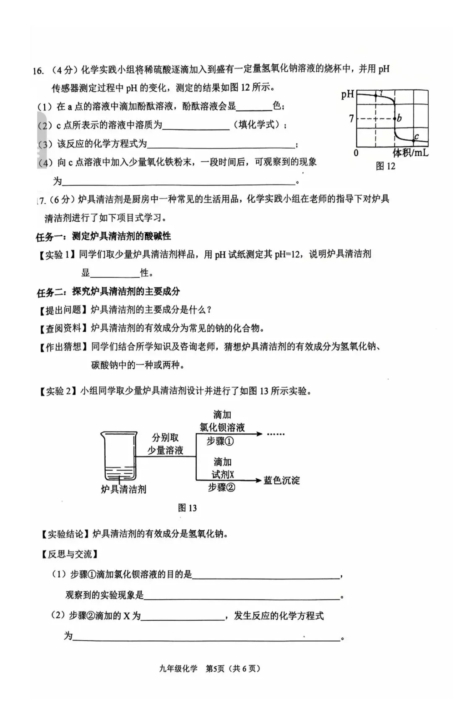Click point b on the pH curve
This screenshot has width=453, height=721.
395,118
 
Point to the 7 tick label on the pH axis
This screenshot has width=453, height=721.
351,119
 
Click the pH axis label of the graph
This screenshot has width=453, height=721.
348,94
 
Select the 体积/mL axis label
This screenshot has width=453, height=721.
410,152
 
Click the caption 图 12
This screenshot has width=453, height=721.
385,166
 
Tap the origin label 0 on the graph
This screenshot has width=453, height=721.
356,153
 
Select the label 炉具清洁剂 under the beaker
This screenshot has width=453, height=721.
124,489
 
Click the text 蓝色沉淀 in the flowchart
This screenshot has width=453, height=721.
281,480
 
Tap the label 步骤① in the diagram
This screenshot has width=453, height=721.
220,441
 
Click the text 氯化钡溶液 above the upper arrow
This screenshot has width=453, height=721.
222,427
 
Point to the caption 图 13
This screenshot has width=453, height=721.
187,508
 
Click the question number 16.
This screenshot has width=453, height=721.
38,71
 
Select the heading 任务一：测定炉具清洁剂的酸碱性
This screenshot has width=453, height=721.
104,236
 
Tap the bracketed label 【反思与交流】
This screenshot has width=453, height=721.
69,554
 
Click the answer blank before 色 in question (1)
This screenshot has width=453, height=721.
254,107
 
